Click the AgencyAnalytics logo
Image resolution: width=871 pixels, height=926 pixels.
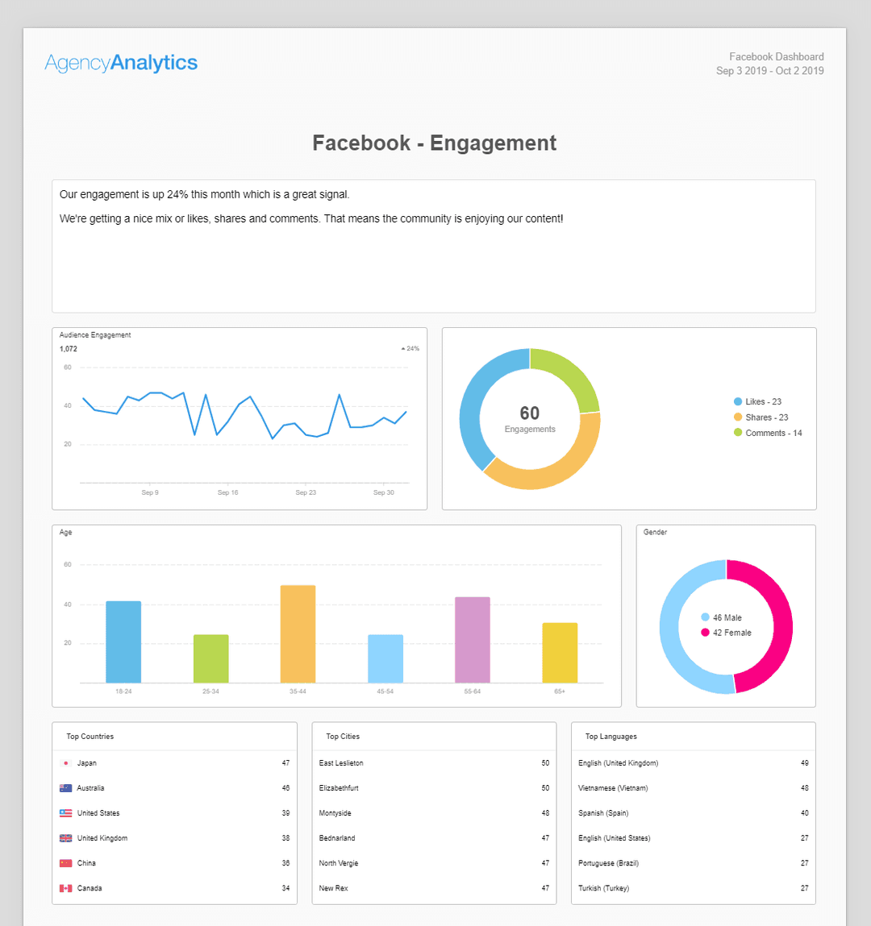tap(121, 63)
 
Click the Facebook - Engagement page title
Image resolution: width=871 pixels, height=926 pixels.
tap(435, 143)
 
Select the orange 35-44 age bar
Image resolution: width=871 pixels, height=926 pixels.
tap(298, 634)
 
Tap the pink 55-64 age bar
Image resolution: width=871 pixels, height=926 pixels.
tap(473, 640)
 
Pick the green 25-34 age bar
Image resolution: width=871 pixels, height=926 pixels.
tap(210, 658)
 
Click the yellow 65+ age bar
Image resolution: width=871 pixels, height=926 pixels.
tap(560, 653)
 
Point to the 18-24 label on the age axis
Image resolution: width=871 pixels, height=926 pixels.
tap(123, 691)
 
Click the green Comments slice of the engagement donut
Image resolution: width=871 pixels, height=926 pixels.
tap(570, 375)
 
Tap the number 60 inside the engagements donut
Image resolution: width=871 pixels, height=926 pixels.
tap(530, 413)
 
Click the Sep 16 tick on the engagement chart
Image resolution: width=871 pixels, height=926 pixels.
tap(228, 492)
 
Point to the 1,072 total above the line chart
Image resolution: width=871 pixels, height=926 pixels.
tap(69, 349)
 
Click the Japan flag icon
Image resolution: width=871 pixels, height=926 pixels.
tap(66, 763)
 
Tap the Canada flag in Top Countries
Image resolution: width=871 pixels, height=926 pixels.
tap(66, 888)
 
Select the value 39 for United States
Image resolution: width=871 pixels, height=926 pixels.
tap(285, 813)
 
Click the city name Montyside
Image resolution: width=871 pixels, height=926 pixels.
tap(335, 813)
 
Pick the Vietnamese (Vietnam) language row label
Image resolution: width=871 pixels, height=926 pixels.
tap(613, 788)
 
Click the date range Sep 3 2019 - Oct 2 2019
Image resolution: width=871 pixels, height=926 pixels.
tap(769, 71)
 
